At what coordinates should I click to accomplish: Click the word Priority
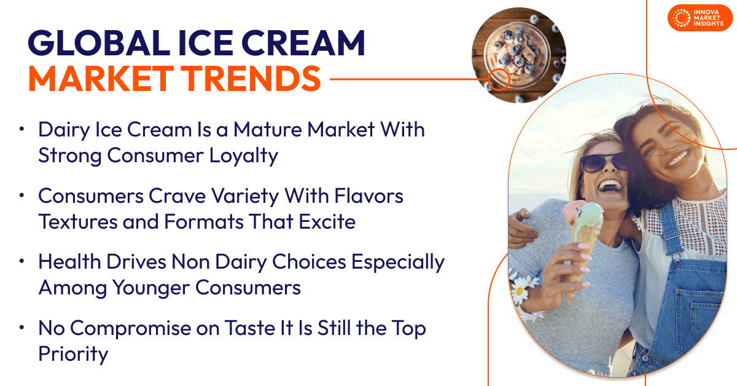click(x=73, y=355)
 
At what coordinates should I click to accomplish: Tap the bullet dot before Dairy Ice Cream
click(x=22, y=130)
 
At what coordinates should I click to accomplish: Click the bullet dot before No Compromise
click(x=22, y=328)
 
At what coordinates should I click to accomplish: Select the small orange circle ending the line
click(x=499, y=79)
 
